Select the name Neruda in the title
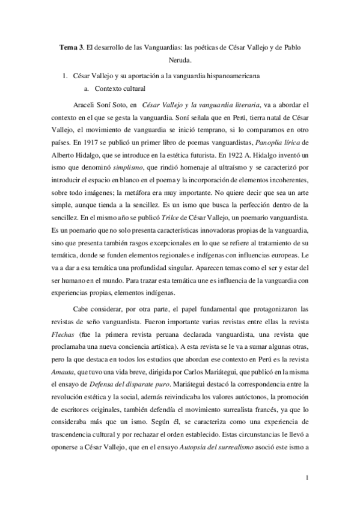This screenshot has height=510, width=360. [180, 60]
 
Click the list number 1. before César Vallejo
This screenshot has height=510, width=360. [67, 78]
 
